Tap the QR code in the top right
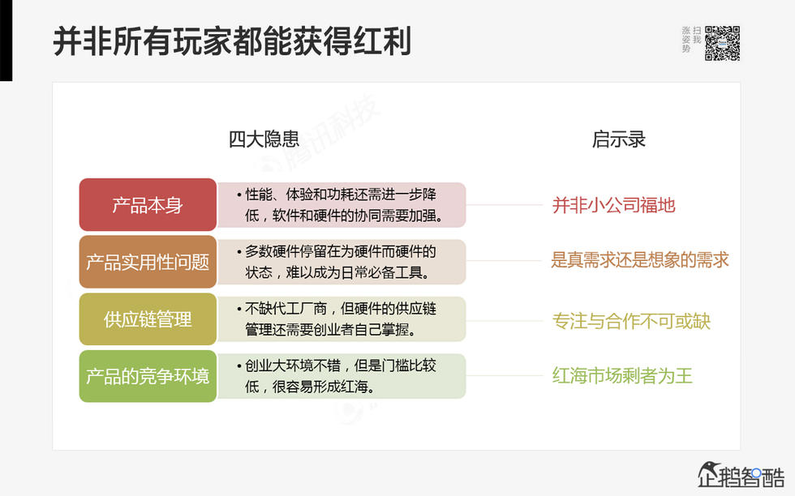(x=722, y=43)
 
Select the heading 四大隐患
(x=264, y=139)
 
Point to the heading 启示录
(x=619, y=139)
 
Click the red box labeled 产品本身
(x=148, y=205)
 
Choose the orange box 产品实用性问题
(x=148, y=263)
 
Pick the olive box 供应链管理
(x=148, y=319)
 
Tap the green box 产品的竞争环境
(x=148, y=376)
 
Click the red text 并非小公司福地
(x=613, y=205)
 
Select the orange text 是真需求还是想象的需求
(x=640, y=259)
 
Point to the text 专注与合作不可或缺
(x=631, y=321)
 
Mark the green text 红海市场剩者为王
(x=622, y=376)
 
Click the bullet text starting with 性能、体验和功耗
(x=341, y=205)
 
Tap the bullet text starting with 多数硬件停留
(x=341, y=262)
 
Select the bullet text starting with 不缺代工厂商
(x=341, y=319)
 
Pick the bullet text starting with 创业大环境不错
(x=341, y=376)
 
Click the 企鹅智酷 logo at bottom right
(x=741, y=474)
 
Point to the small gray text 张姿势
(x=686, y=39)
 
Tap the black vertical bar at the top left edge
(x=6, y=41)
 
